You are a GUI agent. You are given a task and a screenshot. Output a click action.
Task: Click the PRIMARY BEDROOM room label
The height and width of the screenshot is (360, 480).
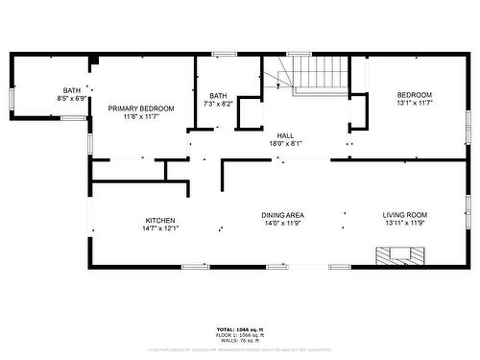pos(140,108)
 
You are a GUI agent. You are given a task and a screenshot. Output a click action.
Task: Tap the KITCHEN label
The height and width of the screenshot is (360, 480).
pos(159,220)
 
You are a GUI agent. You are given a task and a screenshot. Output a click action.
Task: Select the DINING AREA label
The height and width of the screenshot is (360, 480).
pos(283,214)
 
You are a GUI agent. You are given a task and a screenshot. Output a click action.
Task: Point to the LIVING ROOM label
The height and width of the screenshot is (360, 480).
pos(405,214)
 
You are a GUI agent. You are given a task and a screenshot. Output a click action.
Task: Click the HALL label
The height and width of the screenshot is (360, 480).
pos(285,135)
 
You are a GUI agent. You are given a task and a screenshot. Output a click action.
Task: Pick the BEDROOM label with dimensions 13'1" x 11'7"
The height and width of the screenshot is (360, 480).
pos(415,94)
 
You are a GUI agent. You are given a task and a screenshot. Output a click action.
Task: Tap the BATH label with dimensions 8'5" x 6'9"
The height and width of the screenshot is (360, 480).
pos(73,90)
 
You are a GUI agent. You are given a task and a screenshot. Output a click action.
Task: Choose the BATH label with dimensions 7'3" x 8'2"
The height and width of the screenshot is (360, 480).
pos(218,95)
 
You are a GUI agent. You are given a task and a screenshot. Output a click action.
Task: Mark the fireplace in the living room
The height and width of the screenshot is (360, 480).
pos(397,254)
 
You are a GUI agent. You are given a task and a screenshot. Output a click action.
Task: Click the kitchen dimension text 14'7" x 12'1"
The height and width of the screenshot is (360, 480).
pos(159,228)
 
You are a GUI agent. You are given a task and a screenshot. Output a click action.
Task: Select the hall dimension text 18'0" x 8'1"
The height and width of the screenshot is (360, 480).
pos(285,144)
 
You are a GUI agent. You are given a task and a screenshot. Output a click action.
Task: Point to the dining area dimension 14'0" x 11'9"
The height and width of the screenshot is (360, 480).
pos(283,223)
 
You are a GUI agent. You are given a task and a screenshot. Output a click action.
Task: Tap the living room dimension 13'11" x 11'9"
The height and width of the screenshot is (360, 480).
pos(405,223)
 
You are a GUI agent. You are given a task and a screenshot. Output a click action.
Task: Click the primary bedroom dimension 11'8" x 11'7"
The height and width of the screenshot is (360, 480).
pos(140,117)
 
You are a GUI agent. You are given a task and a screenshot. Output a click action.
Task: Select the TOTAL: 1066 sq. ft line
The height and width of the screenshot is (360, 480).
pos(239,328)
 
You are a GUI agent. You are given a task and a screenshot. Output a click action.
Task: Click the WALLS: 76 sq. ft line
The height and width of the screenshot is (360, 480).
pos(239,340)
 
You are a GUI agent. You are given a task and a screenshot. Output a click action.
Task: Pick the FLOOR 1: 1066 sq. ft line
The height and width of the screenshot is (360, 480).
pos(239,334)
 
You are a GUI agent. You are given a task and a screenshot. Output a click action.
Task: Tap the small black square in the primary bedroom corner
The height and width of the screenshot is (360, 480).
pos(93,61)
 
